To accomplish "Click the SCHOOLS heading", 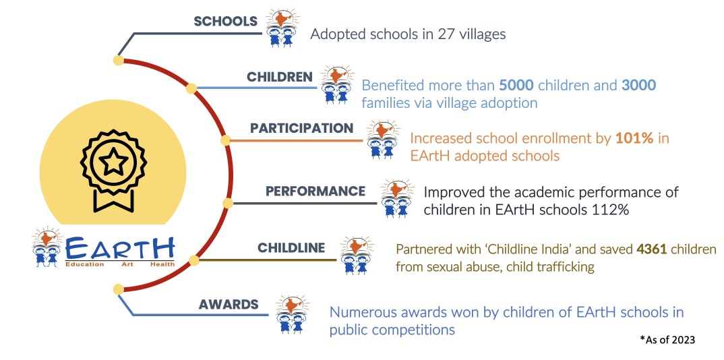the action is [225, 21].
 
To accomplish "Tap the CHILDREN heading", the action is [280, 77].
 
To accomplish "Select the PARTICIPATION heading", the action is [301, 128].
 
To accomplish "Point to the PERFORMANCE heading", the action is [315, 191].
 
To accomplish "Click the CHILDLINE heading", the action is [291, 248].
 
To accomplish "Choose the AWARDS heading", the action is [229, 305].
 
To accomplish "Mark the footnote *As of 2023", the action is [667, 339].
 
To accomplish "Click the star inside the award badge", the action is [113, 162].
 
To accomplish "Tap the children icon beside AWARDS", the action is [291, 315].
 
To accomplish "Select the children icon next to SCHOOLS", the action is [282, 28].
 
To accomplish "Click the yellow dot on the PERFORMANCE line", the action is [228, 203].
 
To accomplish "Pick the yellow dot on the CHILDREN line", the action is [191, 88].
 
